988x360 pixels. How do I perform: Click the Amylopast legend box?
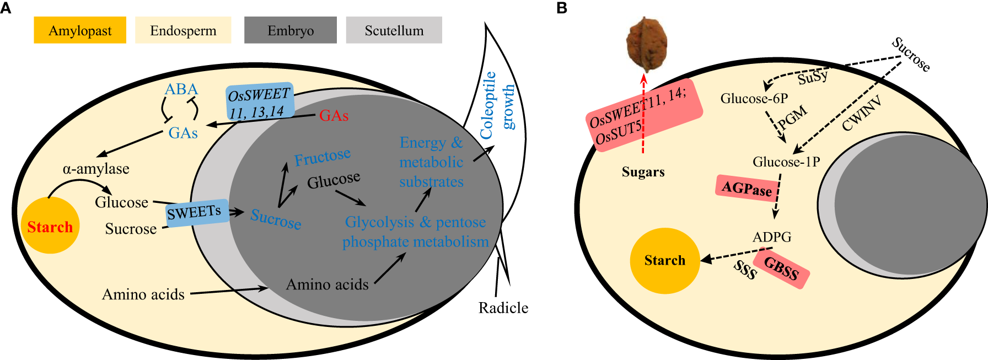80,30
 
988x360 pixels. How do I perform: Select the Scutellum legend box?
394,30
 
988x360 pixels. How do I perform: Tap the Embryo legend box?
290,30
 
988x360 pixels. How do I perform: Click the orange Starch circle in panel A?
50,227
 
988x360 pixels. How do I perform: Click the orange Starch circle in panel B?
664,260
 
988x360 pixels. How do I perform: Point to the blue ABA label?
181,89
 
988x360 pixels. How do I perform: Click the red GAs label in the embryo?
334,116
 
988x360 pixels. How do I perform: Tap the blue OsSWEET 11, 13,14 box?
259,103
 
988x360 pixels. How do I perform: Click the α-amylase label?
96,169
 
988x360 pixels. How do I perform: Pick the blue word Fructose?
322,158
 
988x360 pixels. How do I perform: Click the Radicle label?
503,308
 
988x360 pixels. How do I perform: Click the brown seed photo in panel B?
647,44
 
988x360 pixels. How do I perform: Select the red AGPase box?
747,189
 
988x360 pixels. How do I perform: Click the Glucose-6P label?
754,99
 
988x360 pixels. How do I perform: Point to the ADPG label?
771,237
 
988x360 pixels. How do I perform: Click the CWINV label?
861,113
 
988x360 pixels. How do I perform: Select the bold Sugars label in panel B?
643,172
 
